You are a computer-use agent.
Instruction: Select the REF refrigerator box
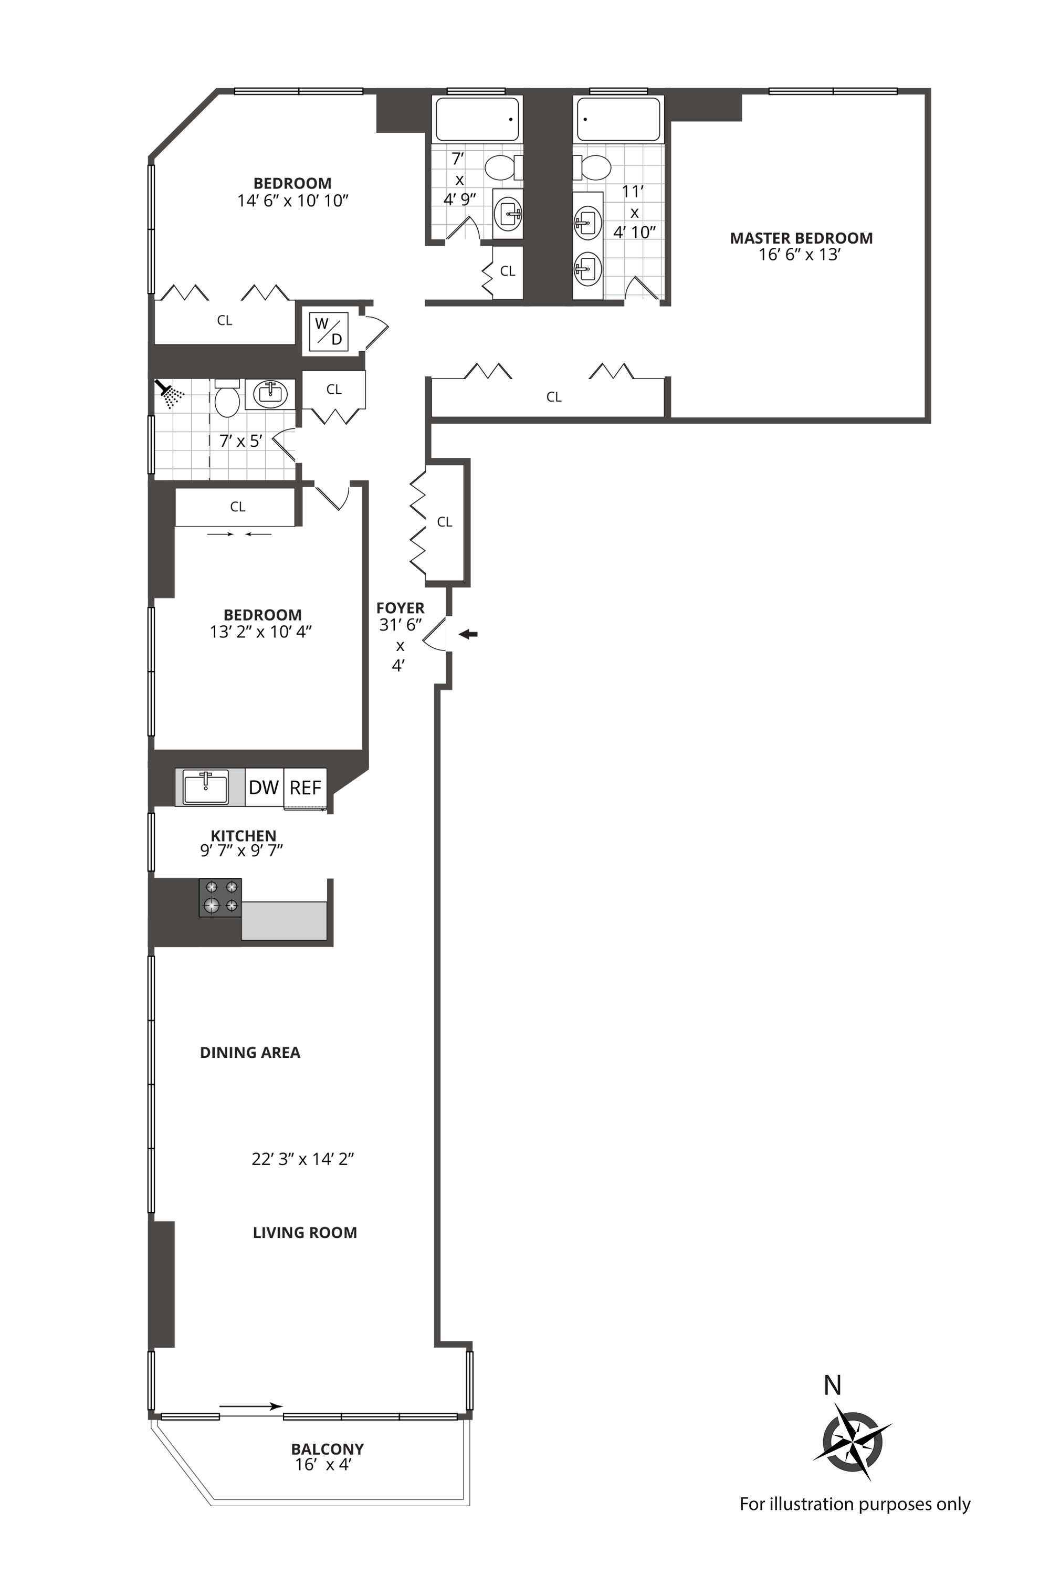[x=306, y=787]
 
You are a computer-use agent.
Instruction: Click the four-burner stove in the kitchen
[x=220, y=897]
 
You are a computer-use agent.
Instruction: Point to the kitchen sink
[x=206, y=787]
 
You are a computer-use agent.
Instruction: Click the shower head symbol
[x=170, y=394]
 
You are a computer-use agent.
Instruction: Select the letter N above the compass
[x=832, y=1385]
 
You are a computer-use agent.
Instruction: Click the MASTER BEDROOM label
[x=801, y=238]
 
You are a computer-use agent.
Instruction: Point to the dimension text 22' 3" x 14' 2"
[x=303, y=1159]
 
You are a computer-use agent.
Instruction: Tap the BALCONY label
[x=328, y=1448]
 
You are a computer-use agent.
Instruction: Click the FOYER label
[x=401, y=608]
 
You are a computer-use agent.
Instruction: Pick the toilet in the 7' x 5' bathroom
[x=227, y=401]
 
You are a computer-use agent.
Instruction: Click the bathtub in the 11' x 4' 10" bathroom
[x=618, y=120]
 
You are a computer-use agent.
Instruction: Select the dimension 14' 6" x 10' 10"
[x=292, y=201]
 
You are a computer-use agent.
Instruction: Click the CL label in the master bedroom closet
[x=554, y=397]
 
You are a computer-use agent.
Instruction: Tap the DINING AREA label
[x=250, y=1053]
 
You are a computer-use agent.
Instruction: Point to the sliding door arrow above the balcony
[x=250, y=1407]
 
